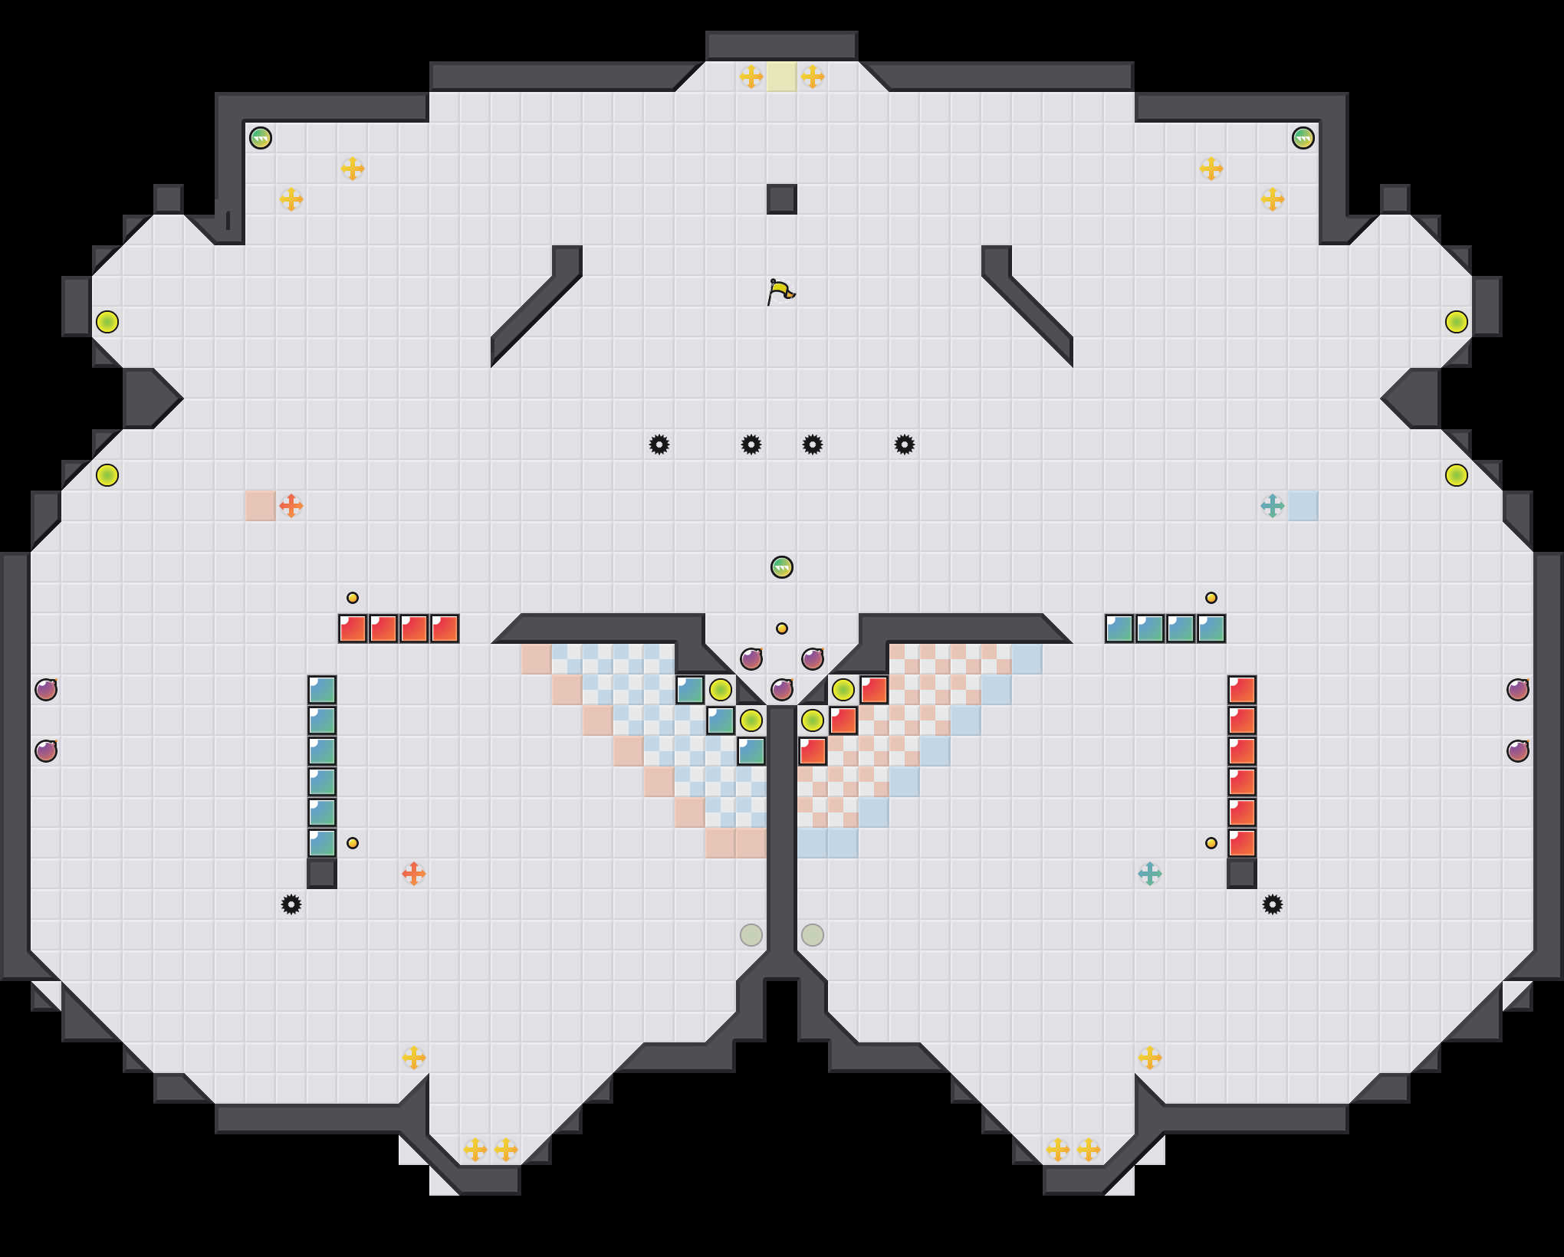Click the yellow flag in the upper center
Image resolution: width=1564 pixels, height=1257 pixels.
(x=780, y=291)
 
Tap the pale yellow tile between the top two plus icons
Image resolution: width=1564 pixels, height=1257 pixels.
(x=781, y=77)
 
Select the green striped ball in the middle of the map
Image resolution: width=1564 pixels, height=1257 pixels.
(x=781, y=567)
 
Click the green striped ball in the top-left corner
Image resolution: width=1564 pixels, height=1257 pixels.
(x=261, y=138)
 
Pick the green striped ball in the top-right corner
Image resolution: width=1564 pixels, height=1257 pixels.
(x=1303, y=138)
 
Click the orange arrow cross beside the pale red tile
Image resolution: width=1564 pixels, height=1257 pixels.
(x=291, y=506)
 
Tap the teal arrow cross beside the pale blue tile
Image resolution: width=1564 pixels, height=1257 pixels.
(x=1272, y=506)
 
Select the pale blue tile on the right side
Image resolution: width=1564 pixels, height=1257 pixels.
(x=1303, y=506)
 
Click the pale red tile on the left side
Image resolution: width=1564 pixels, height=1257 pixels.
(x=261, y=506)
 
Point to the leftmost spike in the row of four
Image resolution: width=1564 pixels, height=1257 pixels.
(x=659, y=445)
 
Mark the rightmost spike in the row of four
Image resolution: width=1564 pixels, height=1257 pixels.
(x=905, y=445)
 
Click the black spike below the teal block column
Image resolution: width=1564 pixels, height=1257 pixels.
(x=291, y=904)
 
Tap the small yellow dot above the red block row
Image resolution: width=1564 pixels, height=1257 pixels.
(x=353, y=598)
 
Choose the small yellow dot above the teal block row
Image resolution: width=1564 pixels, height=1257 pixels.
(x=1211, y=598)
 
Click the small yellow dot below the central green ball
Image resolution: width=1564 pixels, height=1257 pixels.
(x=781, y=628)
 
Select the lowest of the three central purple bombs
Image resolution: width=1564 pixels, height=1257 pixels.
(x=781, y=690)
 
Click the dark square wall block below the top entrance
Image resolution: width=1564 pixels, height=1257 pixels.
(x=781, y=199)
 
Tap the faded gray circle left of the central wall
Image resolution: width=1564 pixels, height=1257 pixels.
(x=751, y=935)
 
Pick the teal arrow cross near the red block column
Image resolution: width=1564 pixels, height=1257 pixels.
(x=1149, y=874)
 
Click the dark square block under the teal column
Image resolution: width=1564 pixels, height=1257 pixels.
(x=322, y=874)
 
